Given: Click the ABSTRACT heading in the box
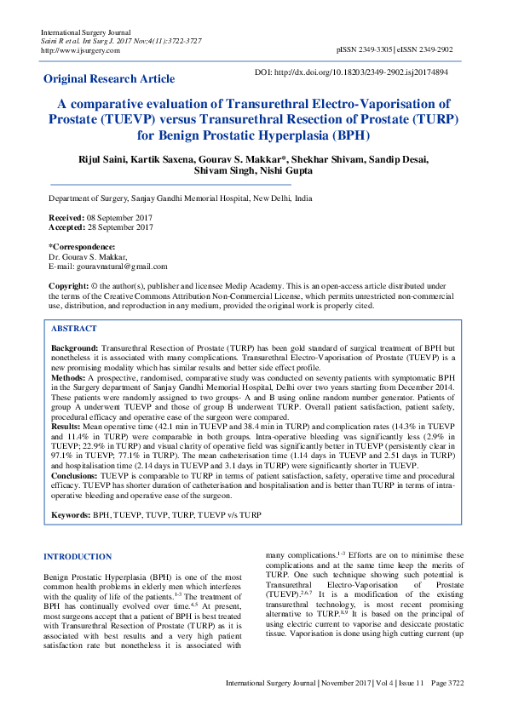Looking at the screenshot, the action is click(74, 328).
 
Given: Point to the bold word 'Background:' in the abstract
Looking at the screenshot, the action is click(75, 349).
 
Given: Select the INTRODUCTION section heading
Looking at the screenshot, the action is click(78, 557).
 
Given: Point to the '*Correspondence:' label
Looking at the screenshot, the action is click(80, 247).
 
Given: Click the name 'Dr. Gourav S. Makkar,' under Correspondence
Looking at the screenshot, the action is click(89, 257).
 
